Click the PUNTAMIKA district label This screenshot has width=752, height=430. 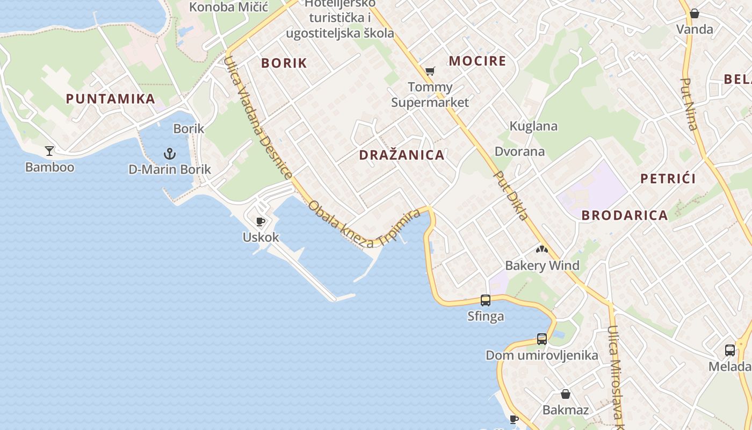coord(110,99)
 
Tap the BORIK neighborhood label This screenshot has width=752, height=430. coord(284,63)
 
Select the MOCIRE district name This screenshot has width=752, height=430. coord(478,61)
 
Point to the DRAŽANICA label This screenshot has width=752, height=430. coord(402,155)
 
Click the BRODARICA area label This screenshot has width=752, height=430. coord(625,216)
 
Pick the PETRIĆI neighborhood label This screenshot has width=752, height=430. coord(668,179)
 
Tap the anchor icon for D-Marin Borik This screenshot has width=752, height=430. coord(170,154)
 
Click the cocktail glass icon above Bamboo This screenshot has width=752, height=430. coord(49,151)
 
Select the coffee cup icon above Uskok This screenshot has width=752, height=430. coord(261,221)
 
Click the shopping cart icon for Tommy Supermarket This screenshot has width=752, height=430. coord(430,71)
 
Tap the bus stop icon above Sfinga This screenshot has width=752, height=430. coord(486,300)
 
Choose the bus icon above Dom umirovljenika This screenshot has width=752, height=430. coord(541,339)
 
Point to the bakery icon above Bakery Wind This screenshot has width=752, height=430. coord(541,249)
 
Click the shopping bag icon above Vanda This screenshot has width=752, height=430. coord(695,13)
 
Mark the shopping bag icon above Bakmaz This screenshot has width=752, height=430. coord(565,394)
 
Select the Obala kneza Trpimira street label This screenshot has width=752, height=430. coord(364,225)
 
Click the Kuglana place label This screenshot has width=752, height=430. coord(533,126)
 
